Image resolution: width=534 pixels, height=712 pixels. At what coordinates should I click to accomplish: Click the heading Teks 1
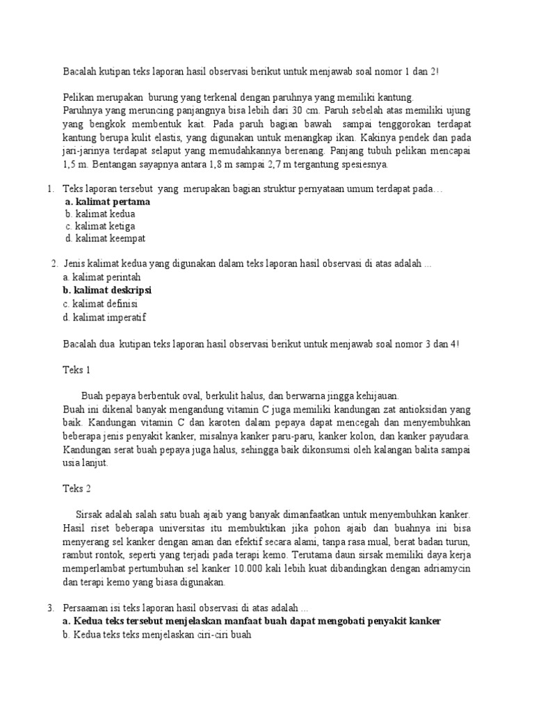(76, 369)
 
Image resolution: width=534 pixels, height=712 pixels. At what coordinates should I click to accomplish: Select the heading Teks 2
(76, 488)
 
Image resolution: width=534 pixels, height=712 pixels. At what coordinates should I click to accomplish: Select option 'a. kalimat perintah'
(102, 277)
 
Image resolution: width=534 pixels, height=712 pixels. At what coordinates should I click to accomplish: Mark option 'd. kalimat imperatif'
(104, 317)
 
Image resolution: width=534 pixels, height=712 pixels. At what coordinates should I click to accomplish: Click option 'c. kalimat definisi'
(100, 304)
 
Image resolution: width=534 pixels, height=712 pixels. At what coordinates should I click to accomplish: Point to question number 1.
(50, 189)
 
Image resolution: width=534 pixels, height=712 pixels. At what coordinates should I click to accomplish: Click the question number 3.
(50, 607)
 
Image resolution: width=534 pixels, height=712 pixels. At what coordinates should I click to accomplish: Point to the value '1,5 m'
(76, 165)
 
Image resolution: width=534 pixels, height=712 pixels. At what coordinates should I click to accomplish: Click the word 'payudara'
(451, 436)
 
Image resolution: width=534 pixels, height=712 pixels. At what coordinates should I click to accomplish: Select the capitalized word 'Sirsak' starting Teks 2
(88, 515)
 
